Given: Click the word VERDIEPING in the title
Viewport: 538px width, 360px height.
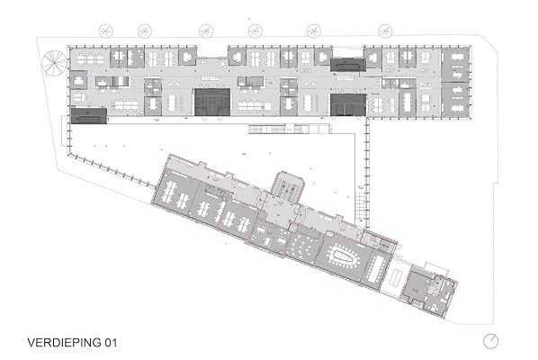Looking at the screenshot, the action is [x=65, y=343].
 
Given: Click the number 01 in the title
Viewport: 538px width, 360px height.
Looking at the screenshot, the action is [x=111, y=343].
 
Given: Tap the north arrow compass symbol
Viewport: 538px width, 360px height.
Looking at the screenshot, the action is [x=490, y=341].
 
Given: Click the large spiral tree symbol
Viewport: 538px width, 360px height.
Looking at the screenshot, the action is [x=54, y=63].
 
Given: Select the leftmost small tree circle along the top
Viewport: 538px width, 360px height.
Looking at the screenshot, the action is [x=105, y=31].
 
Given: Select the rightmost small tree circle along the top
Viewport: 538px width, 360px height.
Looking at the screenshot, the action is [x=385, y=31].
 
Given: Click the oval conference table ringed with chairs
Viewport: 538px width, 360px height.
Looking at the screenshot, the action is [x=343, y=256].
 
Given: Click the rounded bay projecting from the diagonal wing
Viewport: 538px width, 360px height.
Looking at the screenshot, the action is [x=288, y=186].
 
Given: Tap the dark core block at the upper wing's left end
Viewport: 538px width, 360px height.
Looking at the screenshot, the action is [x=89, y=116].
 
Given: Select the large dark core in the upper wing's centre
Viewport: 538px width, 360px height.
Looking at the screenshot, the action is [x=212, y=103].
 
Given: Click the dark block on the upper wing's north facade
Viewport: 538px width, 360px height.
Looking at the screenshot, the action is [x=347, y=65].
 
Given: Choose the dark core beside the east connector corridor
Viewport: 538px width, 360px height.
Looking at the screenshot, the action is [x=348, y=104].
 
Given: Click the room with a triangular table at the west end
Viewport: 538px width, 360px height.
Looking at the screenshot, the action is [x=78, y=80].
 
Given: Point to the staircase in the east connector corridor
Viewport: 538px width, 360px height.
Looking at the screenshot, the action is [x=361, y=206].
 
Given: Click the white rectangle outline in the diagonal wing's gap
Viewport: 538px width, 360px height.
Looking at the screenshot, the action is [x=397, y=277].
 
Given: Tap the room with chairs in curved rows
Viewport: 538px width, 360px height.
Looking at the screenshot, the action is [x=304, y=247].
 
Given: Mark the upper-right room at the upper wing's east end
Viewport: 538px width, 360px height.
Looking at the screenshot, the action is [x=454, y=65].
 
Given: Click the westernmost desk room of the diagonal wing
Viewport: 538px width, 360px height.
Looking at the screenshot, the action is [x=175, y=193].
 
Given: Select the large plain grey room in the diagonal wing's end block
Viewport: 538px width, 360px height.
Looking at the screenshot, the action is [x=416, y=285].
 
